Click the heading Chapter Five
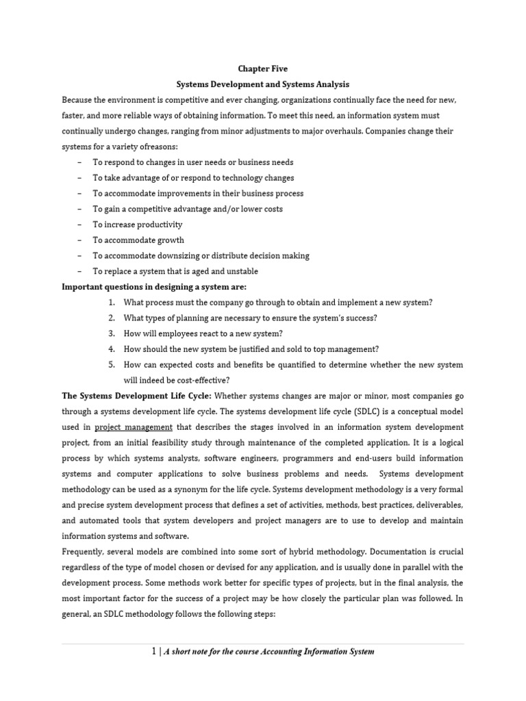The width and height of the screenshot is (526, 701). (263, 68)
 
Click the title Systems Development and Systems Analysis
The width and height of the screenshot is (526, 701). (263, 84)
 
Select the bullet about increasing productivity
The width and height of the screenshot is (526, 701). (138, 225)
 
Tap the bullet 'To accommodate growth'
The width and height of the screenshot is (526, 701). (138, 240)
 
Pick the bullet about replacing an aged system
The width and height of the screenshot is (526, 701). (175, 271)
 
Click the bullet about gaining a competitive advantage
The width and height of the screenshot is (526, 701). (188, 209)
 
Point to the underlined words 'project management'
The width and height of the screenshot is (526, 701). (134, 427)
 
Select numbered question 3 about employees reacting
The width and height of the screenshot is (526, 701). (203, 333)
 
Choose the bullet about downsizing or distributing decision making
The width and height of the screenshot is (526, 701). (201, 255)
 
